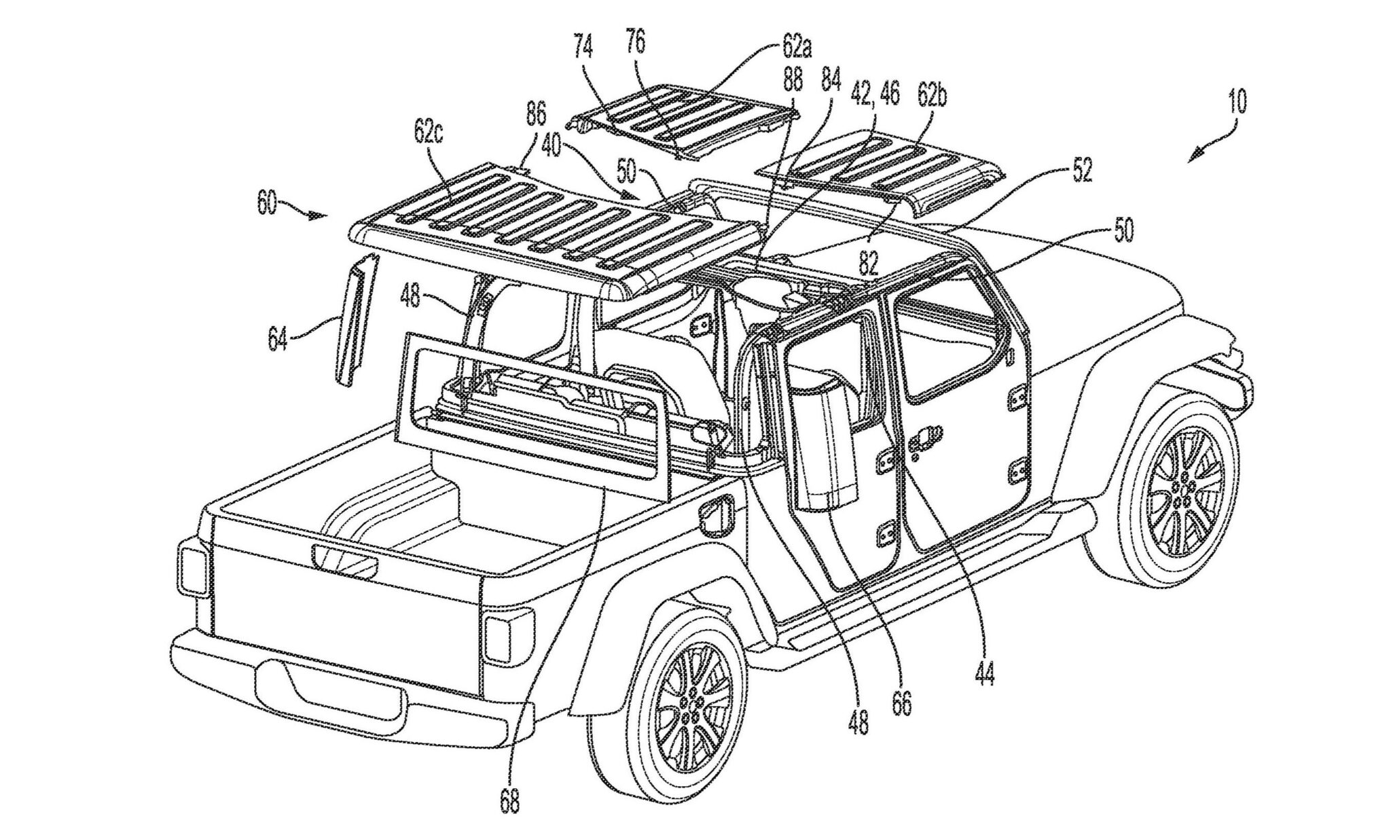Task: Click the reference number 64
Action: click(x=278, y=338)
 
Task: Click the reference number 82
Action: click(x=868, y=261)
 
